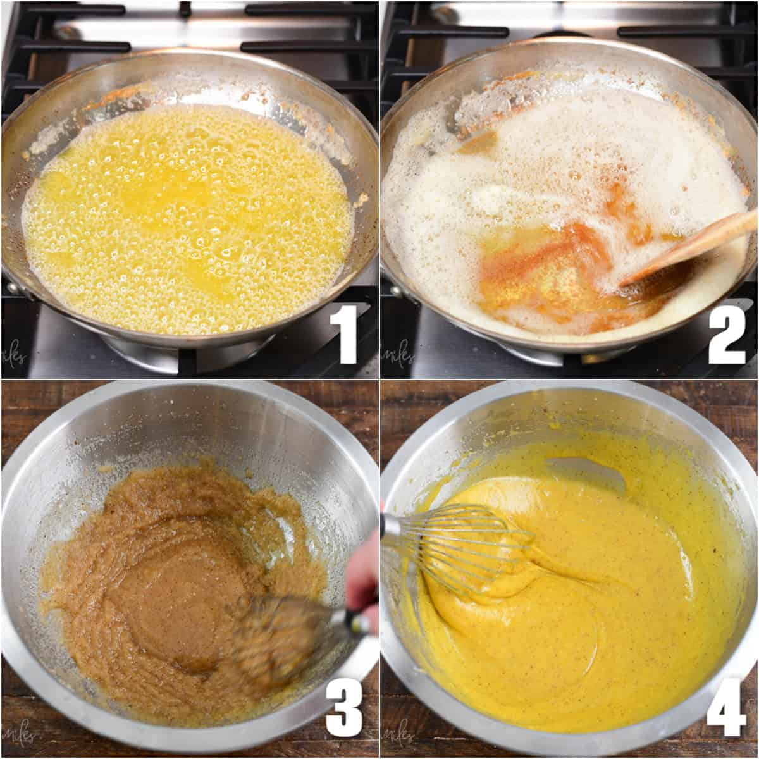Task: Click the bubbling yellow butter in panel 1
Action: (x=190, y=215)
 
